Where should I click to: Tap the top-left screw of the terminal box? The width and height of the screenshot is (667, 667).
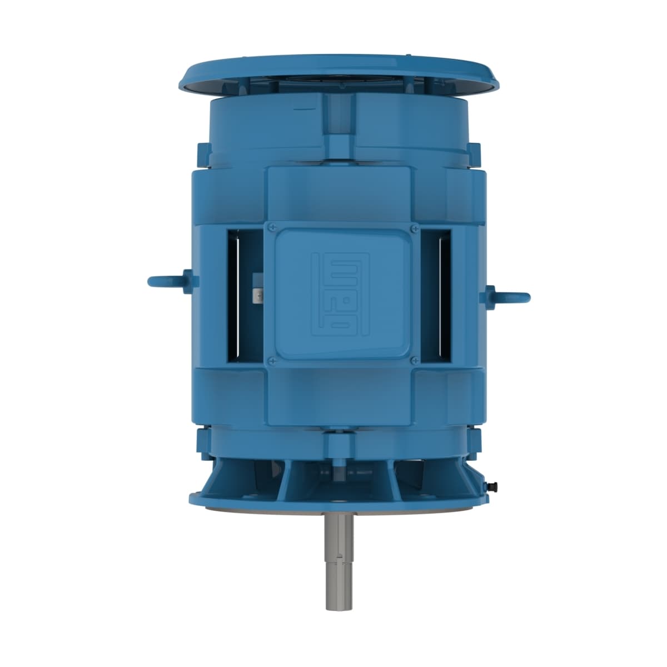(272, 227)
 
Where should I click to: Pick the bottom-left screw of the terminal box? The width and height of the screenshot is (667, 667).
(272, 361)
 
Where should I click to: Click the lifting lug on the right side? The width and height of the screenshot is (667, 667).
(510, 296)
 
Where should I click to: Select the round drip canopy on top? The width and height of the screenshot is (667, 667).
(341, 72)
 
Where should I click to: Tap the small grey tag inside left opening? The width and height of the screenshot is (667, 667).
(257, 296)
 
